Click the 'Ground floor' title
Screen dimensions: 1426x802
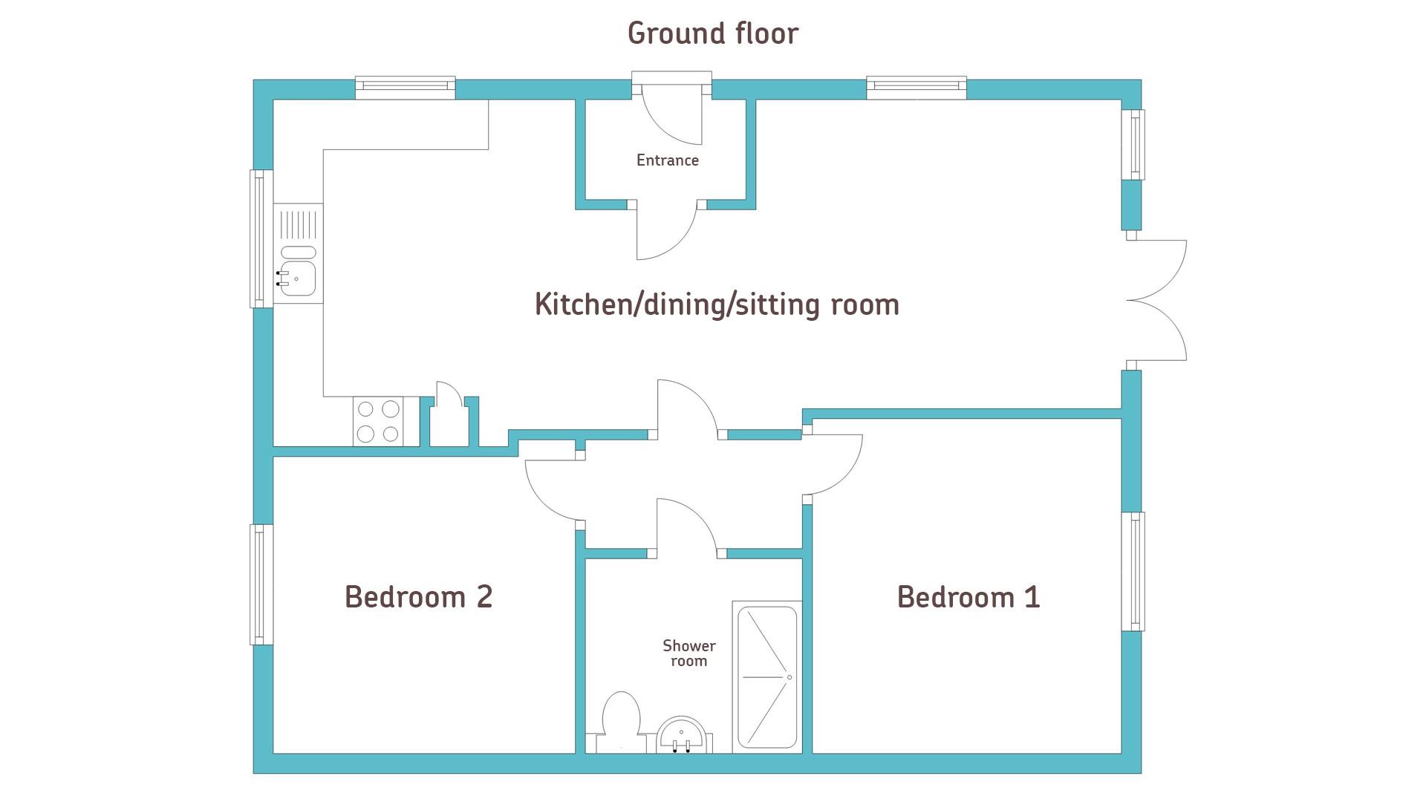point(713,33)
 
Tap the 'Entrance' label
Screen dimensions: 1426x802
point(668,160)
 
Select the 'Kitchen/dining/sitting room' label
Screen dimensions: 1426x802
point(717,304)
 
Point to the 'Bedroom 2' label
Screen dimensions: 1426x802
point(419,596)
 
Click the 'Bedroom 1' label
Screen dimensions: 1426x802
point(968,597)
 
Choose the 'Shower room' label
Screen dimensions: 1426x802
point(689,653)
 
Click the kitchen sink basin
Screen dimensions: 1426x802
point(299,278)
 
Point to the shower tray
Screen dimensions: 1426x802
point(767,677)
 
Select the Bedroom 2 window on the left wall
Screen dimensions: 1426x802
point(261,584)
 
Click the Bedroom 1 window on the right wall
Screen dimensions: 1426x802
point(1133,572)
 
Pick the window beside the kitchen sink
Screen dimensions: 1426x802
point(261,238)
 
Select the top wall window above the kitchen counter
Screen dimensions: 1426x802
point(405,88)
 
